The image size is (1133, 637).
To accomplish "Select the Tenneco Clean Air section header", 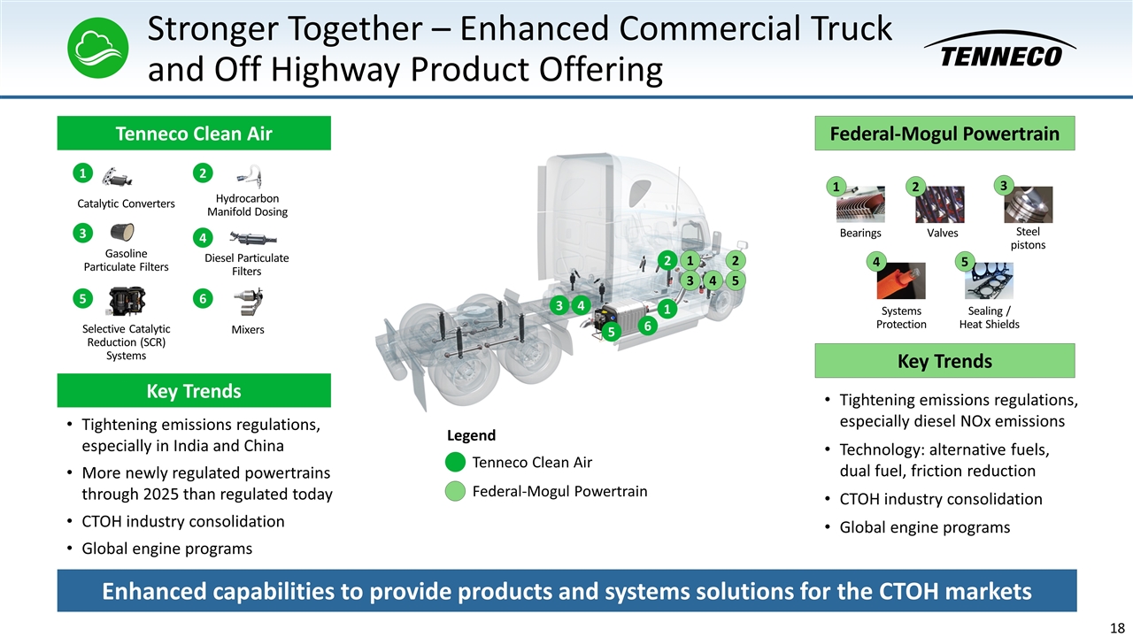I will [x=194, y=134].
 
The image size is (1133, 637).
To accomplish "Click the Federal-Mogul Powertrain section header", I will [x=944, y=134].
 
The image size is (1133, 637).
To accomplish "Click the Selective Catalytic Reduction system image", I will [x=126, y=302].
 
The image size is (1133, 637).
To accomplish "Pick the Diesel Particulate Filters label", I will [x=247, y=265].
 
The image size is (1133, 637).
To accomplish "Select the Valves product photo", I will [x=940, y=204].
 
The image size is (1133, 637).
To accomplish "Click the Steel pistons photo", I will [x=1028, y=203].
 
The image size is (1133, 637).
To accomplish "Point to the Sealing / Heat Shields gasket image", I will [x=989, y=281].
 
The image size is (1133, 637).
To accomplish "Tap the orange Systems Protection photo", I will [x=901, y=281].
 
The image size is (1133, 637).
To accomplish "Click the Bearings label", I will [x=860, y=234].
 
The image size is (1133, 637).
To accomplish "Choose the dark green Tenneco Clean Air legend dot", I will [x=455, y=463].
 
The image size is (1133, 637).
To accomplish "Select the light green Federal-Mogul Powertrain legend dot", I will [x=455, y=491].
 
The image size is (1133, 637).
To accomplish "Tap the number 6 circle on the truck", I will [x=647, y=326].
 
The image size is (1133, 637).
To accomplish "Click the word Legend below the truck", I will [x=471, y=435].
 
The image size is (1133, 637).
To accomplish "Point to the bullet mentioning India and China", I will [x=200, y=434].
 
